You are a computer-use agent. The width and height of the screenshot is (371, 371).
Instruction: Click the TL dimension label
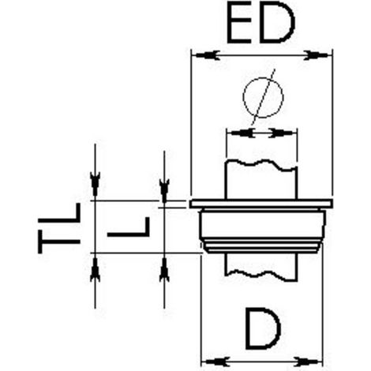[x=59, y=228]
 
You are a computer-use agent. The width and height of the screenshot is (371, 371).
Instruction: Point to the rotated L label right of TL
[x=129, y=227]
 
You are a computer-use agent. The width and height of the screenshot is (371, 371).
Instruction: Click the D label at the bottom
[x=263, y=328]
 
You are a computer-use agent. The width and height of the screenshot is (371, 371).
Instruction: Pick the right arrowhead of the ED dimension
[x=317, y=55]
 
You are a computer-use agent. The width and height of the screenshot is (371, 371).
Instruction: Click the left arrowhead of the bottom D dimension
[x=215, y=362]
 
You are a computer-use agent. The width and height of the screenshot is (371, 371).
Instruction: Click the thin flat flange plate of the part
[x=261, y=204]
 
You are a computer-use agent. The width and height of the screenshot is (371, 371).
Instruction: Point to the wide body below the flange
[x=262, y=230]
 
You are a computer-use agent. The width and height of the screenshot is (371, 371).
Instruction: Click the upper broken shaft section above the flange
[x=261, y=180]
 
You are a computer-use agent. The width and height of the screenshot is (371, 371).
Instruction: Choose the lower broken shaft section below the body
[x=261, y=267]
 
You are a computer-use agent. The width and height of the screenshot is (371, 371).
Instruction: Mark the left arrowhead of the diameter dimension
[x=242, y=133]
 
